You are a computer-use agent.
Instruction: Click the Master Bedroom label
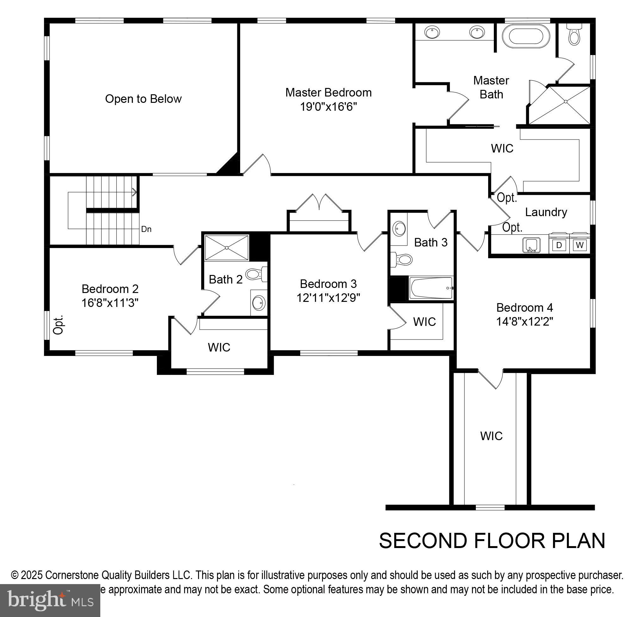coord(328,93)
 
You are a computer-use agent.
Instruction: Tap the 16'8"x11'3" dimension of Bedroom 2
coord(110,303)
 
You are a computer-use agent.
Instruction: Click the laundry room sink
coord(531,245)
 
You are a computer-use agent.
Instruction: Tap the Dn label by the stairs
coord(146,229)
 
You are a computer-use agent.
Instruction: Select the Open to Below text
coord(143,99)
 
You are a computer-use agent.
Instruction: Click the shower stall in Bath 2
coord(227,247)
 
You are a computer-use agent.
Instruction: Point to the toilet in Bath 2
coord(256,274)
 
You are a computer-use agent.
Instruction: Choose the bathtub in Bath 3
coord(431,288)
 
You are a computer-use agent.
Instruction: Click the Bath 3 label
coord(431,242)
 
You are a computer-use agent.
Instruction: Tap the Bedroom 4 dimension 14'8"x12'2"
coord(524,322)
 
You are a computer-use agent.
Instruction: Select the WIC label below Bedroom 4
coord(491,436)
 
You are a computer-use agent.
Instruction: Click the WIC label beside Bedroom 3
coord(424,322)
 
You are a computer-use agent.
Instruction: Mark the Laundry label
coord(546,212)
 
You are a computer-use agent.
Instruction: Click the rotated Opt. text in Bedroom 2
coord(58,324)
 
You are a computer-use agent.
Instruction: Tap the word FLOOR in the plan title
coord(510,540)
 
